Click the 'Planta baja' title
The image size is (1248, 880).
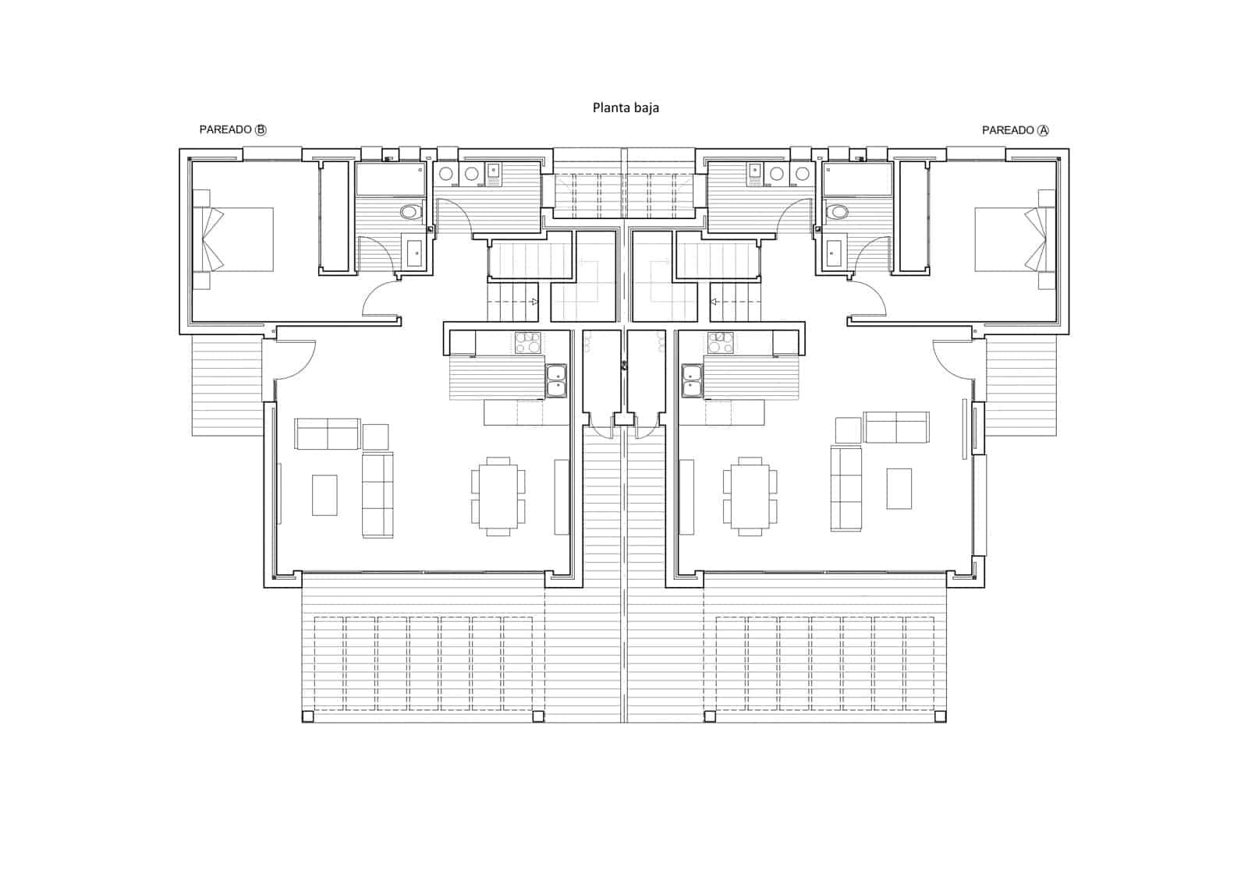pos(626,108)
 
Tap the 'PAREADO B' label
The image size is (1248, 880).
pos(232,129)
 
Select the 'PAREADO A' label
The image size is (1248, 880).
pos(1015,130)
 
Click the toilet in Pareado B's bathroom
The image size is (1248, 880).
pos(410,211)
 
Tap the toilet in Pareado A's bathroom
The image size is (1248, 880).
pos(838,211)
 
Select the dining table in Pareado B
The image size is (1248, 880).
pos(498,496)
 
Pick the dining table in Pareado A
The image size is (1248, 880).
pos(750,496)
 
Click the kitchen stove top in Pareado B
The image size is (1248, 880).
pos(528,343)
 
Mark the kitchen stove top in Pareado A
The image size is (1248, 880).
pos(721,343)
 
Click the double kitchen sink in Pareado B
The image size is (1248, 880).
pos(556,380)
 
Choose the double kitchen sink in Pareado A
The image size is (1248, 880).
pos(692,380)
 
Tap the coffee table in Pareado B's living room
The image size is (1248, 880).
pos(324,495)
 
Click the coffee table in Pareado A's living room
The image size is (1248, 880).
pos(899,488)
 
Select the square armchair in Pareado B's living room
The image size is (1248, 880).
pos(375,436)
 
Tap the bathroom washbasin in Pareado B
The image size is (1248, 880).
pos(414,252)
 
